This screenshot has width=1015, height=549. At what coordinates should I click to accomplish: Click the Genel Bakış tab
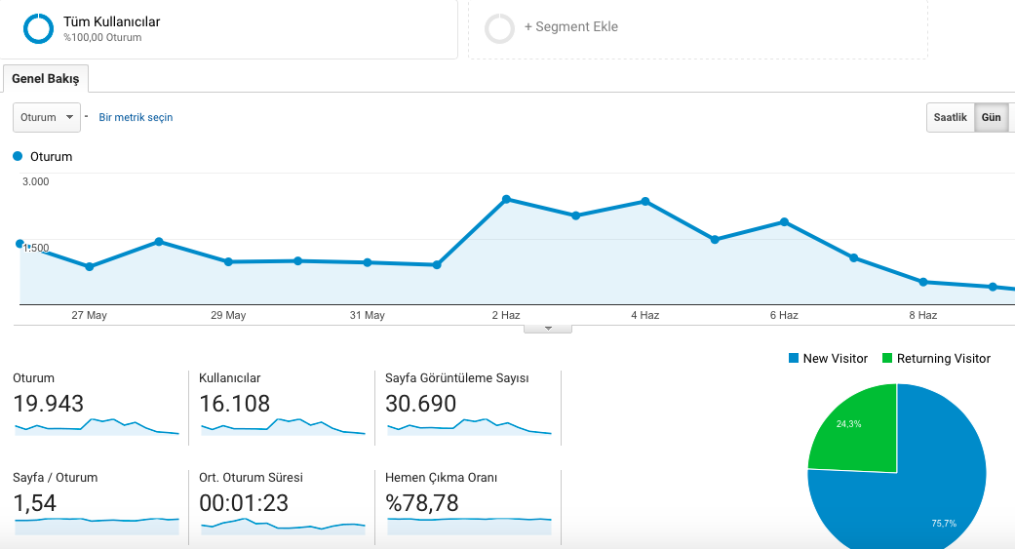coord(45,78)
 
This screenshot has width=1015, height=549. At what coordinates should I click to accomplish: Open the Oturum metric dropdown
coord(47,117)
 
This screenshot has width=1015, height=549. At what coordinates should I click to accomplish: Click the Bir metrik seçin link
coord(136,117)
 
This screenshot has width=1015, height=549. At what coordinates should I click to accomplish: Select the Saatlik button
coord(950,117)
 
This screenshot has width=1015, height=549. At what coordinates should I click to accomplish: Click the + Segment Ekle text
coord(571,26)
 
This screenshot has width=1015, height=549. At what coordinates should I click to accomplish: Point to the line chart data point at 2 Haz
coord(506,199)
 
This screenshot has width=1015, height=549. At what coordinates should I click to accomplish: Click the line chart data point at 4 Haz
coord(645,201)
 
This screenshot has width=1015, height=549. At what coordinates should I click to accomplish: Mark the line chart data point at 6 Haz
coord(784,222)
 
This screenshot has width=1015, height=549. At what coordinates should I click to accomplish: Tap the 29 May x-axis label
coord(228,315)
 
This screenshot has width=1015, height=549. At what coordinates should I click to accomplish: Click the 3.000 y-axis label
coord(36,181)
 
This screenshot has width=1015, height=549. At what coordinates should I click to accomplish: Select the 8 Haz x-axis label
coord(923,315)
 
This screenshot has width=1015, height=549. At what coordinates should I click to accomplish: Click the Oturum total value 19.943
coord(49,404)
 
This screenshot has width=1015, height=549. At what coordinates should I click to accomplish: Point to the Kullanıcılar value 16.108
coord(234,404)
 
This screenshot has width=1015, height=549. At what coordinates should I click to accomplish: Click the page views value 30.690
coord(421,404)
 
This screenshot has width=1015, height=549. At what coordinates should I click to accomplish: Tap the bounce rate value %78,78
coord(422,503)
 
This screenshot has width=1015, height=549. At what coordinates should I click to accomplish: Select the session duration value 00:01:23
coord(244,503)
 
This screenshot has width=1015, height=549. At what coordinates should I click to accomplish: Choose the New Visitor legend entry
coord(828,358)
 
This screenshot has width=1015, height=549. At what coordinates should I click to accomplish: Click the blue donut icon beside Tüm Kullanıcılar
coord(38,28)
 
